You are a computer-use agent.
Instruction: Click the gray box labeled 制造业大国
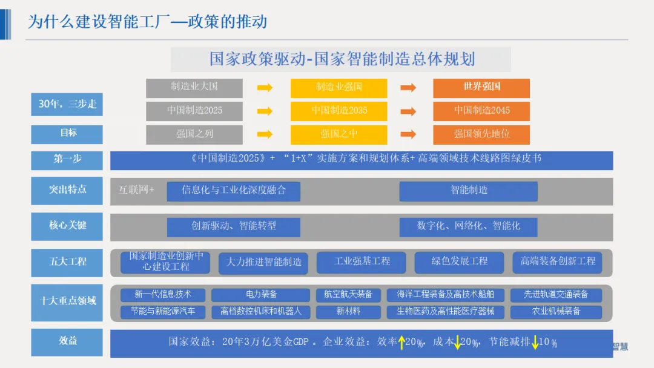194,87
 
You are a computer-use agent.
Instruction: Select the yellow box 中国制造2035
339,111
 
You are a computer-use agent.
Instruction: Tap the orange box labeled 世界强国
481,87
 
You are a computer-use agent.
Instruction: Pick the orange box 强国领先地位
481,134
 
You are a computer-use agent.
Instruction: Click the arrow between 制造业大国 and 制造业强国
265,88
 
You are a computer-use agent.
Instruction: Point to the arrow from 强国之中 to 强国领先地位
409,134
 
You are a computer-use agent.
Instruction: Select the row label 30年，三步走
68,104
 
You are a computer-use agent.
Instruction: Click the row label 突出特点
68,189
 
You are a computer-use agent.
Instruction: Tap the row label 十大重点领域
68,300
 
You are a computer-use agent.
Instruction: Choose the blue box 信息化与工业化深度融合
233,190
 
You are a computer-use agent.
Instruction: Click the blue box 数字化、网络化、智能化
468,226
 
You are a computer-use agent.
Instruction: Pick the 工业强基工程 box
362,261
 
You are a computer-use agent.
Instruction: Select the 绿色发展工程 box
459,261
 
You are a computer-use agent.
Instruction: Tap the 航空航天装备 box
348,295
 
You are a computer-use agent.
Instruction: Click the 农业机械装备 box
556,312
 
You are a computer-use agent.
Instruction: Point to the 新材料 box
348,312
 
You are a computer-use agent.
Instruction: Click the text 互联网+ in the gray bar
136,190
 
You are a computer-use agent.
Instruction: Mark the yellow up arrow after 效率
401,343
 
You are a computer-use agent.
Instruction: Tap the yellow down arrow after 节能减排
535,343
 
